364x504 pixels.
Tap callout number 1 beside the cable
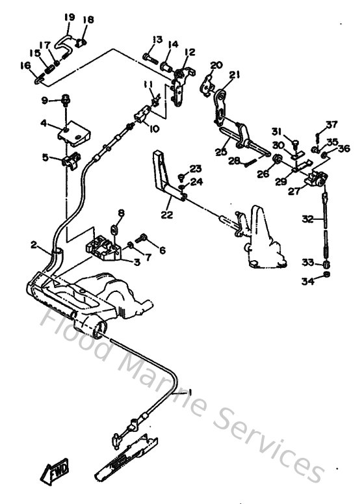190,393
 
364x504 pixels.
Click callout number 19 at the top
70,17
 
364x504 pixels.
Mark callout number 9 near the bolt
45,99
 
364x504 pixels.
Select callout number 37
332,125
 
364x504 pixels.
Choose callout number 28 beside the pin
230,160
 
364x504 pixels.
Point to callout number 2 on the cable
34,245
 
